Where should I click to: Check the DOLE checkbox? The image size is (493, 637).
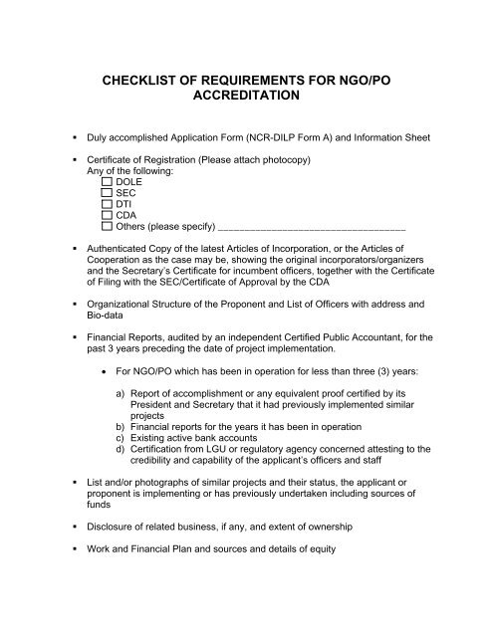108,184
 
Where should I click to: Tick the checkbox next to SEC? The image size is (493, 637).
108,197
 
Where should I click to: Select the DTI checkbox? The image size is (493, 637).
108,209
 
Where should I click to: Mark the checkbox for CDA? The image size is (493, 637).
108,221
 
